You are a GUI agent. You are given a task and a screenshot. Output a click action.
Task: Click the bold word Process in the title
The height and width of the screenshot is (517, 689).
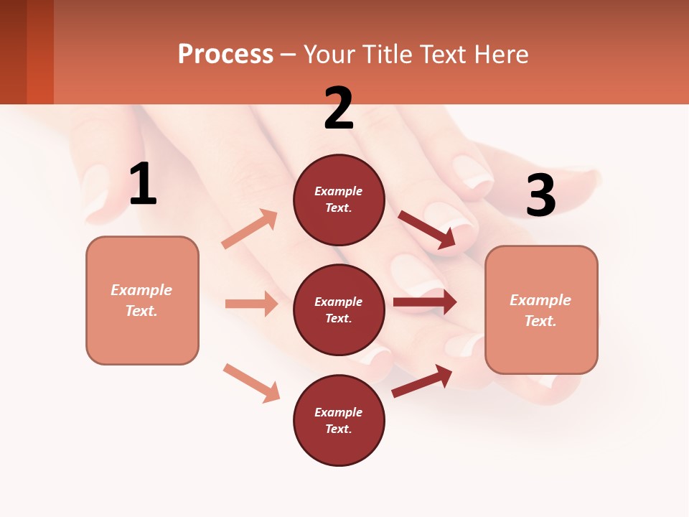[x=225, y=54]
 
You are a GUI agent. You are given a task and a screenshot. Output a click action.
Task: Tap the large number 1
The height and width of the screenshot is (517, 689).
[x=143, y=185]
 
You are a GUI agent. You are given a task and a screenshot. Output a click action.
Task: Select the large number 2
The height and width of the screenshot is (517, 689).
[x=339, y=108]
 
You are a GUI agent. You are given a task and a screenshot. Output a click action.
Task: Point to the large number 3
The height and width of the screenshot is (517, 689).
[x=540, y=197]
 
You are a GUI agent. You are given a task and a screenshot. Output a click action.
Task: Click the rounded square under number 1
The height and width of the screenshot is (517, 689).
[x=142, y=300]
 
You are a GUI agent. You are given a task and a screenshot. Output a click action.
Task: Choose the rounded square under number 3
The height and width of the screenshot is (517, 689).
[x=541, y=309]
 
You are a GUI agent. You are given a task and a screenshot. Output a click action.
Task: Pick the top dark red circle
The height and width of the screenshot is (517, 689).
[x=339, y=200]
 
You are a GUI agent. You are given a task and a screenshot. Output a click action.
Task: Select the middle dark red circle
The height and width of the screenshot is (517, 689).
[x=339, y=309]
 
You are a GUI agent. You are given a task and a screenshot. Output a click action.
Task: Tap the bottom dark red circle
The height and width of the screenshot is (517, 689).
[x=339, y=420]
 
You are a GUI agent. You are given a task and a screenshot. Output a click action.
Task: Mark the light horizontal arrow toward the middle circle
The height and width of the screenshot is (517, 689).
[x=251, y=304]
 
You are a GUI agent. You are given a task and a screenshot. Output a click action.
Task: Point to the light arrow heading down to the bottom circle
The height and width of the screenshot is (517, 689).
[x=251, y=383]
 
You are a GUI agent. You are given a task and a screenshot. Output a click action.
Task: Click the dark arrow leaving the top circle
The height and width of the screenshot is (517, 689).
[x=428, y=230]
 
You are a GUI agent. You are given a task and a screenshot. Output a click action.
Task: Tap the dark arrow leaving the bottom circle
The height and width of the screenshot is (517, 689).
[x=423, y=381]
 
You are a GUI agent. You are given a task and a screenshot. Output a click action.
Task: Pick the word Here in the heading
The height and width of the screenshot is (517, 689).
[x=502, y=54]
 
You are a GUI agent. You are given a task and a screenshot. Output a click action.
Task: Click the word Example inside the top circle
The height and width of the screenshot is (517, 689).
[x=339, y=192]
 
